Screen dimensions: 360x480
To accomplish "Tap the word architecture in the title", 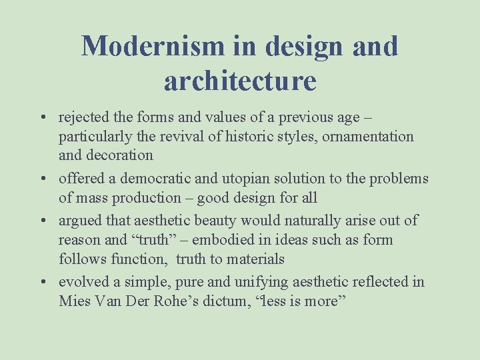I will pyautogui.click(x=240, y=81).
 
